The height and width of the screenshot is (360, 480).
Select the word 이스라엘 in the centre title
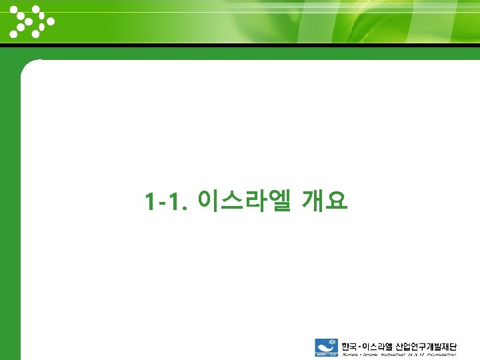[x=245, y=199]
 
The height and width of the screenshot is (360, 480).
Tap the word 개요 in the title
[x=325, y=199]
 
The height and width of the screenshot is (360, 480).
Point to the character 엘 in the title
[x=279, y=199]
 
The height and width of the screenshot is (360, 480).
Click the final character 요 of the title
[x=337, y=199]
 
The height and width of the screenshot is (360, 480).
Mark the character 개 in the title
[x=313, y=199]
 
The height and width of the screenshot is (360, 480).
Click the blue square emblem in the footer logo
[x=327, y=348]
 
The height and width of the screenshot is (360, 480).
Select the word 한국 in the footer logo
[x=349, y=346]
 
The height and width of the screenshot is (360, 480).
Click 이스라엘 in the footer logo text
[x=378, y=346]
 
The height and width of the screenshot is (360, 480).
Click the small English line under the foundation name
[x=399, y=355]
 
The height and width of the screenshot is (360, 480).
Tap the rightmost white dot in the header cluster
[x=51, y=21]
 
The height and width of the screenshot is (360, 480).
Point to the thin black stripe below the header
[x=240, y=46]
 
